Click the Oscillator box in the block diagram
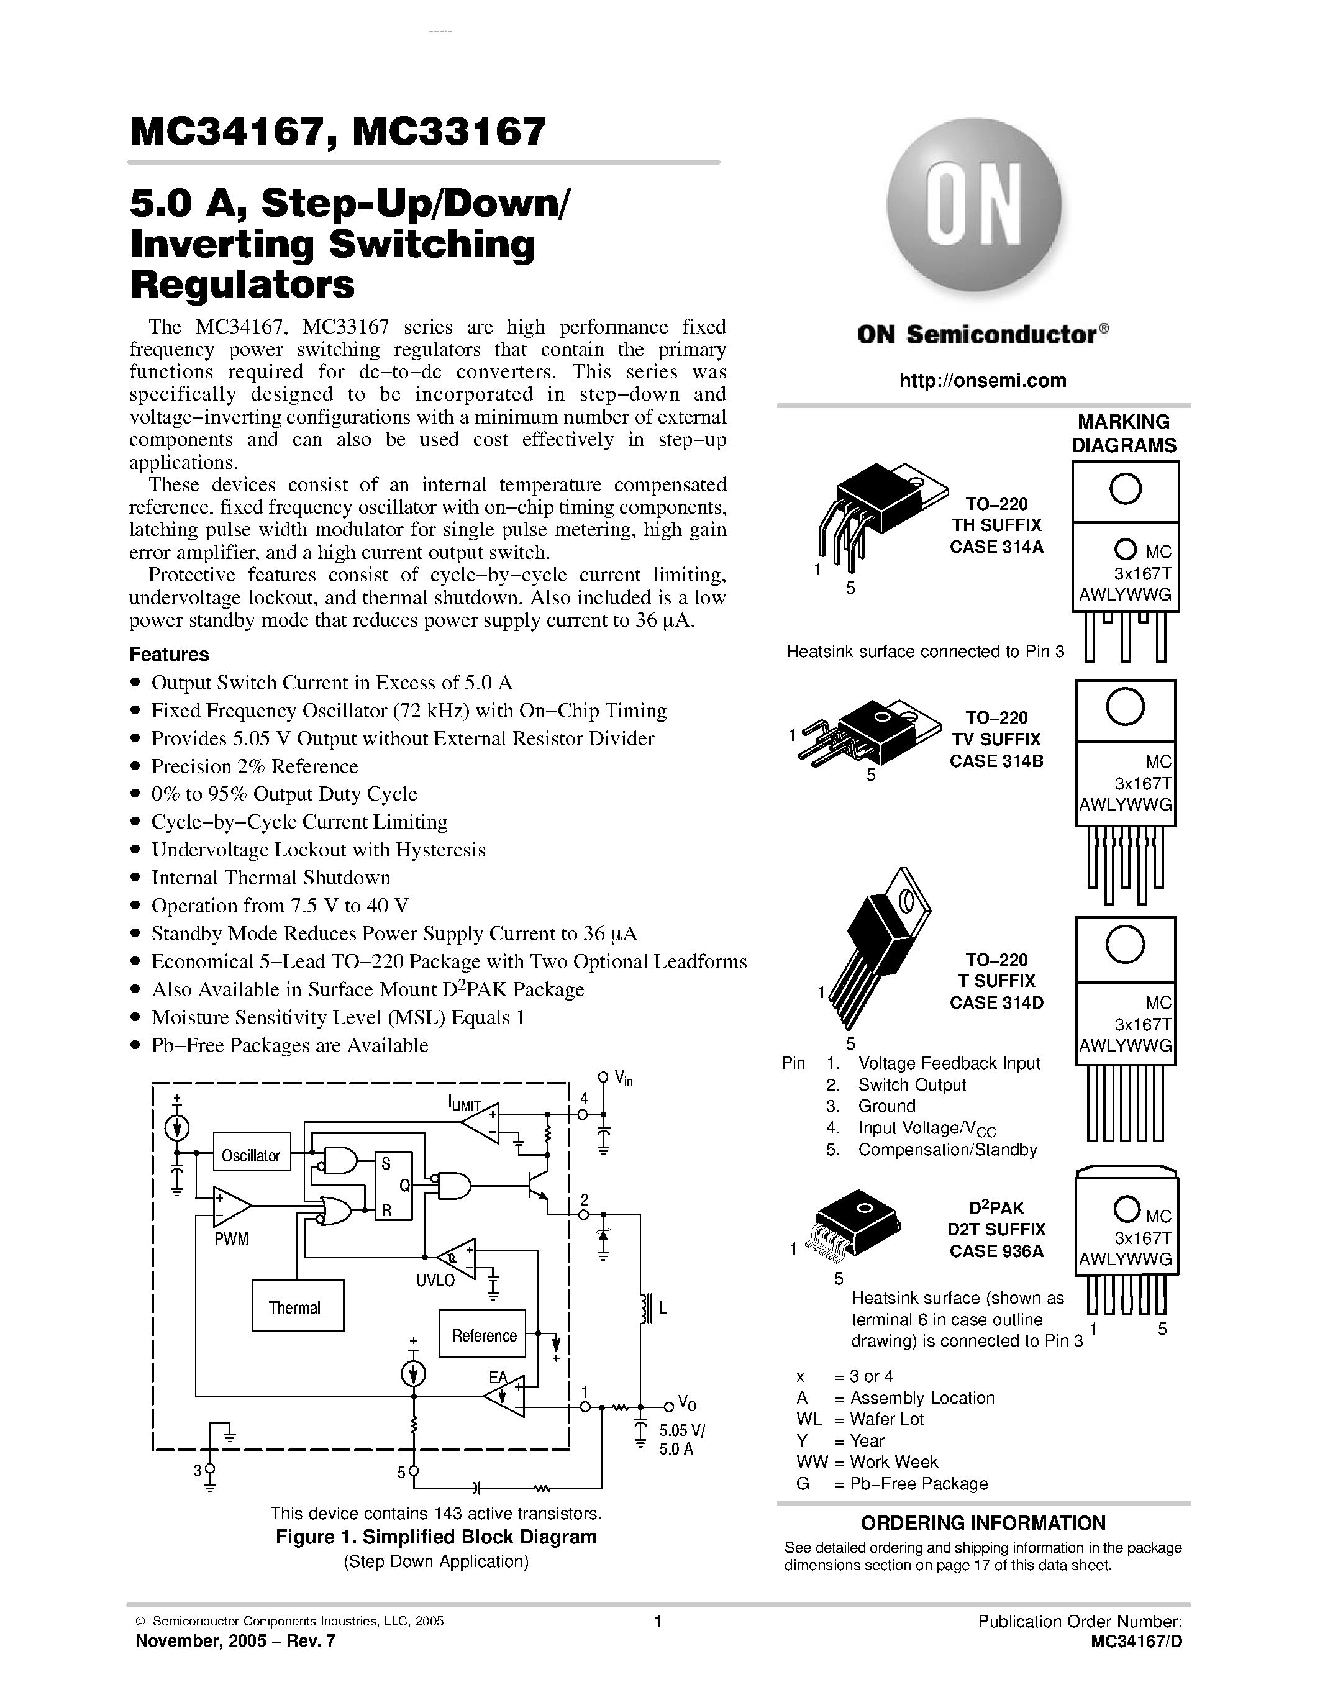click(251, 1155)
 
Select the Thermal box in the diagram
click(296, 1307)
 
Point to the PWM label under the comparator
click(232, 1239)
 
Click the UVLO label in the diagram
click(435, 1280)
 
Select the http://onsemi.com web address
click(982, 381)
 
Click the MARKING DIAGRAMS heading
click(1123, 434)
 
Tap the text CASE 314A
click(996, 547)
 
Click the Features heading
click(169, 655)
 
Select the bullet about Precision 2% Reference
click(254, 766)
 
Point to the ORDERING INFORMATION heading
click(983, 1523)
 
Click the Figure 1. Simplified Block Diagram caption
click(435, 1537)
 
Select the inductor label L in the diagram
click(662, 1307)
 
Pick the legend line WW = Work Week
click(867, 1461)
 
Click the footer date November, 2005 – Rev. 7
click(235, 1641)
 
